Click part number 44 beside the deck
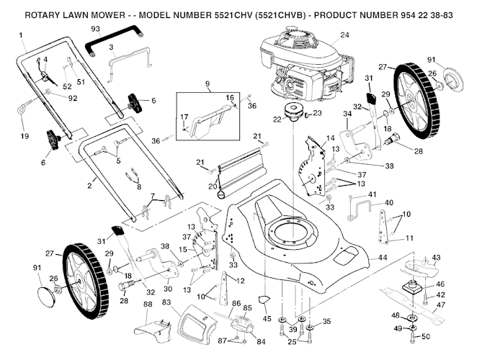pyautogui.click(x=383, y=257)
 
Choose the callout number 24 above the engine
pyautogui.click(x=344, y=35)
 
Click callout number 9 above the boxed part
pyautogui.click(x=207, y=84)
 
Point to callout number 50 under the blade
pyautogui.click(x=425, y=336)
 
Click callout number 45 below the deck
pyautogui.click(x=267, y=318)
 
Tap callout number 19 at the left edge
pyautogui.click(x=24, y=136)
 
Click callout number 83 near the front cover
pyautogui.click(x=167, y=302)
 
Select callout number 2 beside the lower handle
pyautogui.click(x=90, y=186)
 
